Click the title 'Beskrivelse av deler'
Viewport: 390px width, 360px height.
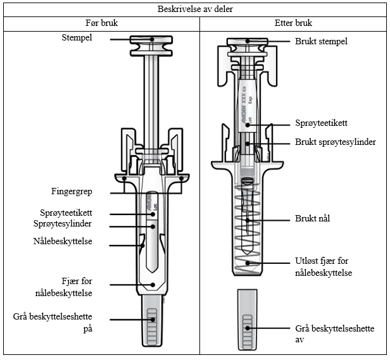(194, 9)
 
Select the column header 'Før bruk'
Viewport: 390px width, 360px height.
(101, 23)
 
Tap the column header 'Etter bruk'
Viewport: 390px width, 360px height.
(294, 23)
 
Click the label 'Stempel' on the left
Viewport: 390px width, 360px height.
(79, 39)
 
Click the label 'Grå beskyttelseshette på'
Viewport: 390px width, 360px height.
(60, 321)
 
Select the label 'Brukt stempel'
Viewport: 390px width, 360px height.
(321, 41)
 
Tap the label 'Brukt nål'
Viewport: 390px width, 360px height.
(312, 218)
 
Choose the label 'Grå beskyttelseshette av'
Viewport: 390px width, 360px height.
(334, 334)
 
